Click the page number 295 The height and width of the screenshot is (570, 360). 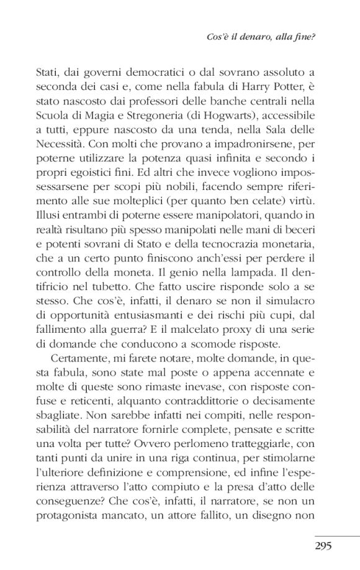coord(323,546)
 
